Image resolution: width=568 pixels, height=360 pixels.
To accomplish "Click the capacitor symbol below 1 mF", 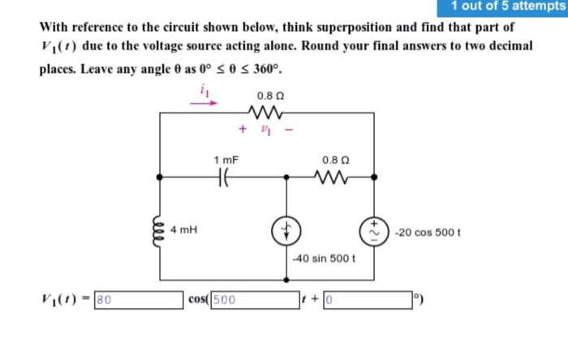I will [224, 175].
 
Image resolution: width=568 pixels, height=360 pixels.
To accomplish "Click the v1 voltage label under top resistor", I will [265, 127].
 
